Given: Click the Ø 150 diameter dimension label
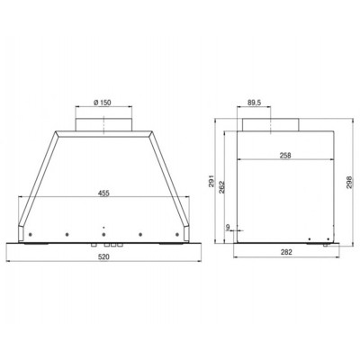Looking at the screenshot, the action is [x=103, y=103].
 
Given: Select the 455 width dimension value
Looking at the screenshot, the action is [x=103, y=193].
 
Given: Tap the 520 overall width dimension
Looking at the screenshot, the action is [x=103, y=257].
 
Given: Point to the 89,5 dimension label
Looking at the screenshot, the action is [x=254, y=103].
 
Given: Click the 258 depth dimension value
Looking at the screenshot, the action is [x=285, y=156].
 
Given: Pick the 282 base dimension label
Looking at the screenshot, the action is [x=286, y=252].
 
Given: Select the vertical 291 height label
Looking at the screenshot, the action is [x=211, y=181].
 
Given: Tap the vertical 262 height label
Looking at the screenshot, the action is [x=221, y=187].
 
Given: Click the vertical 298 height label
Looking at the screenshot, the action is [x=349, y=182].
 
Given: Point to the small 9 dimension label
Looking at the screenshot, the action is [x=228, y=227].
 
